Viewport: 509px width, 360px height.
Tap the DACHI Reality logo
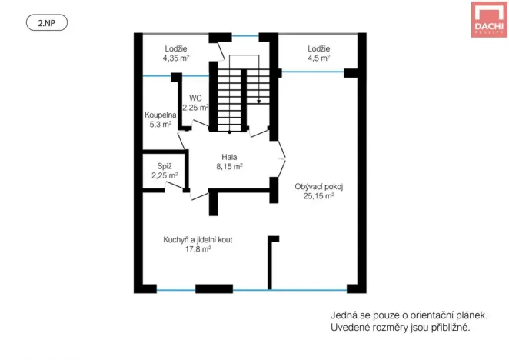pos(488,19)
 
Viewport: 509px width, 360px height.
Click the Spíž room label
pos(165,166)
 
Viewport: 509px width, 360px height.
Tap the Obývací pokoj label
pos(318,186)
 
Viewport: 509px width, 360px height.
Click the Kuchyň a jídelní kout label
pos(198,240)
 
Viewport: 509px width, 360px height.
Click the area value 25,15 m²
pos(318,196)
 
